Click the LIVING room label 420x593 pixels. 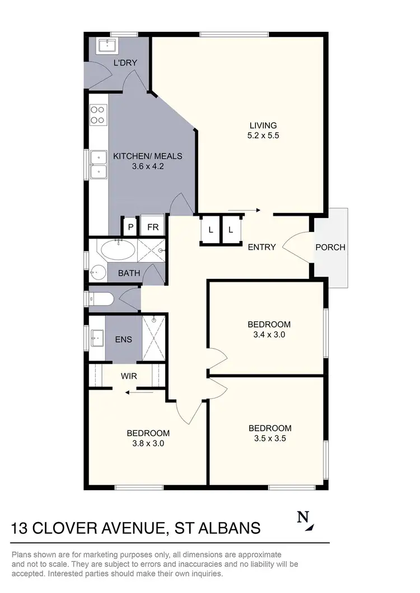coord(263,125)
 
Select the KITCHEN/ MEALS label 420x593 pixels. coord(148,156)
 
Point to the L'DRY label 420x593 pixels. coord(125,62)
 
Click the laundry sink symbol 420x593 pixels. coord(105,45)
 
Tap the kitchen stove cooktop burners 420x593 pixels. coord(98,115)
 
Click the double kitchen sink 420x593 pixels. coord(99,163)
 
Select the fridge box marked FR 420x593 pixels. coord(152,227)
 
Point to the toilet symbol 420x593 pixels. coord(101,300)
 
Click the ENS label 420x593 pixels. coord(123,339)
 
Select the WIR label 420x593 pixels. coord(129,376)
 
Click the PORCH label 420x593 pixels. coord(330,247)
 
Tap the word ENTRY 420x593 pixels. coord(262,247)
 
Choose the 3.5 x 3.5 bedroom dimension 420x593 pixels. coord(270,438)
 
